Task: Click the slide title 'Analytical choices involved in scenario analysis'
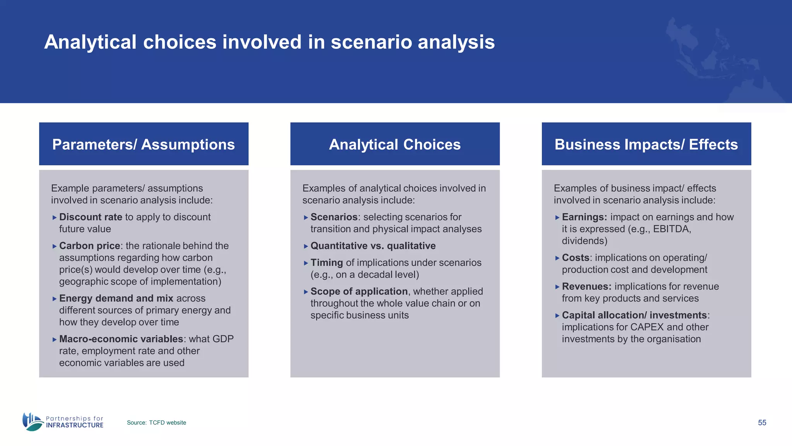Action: click(269, 42)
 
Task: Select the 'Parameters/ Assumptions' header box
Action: click(143, 144)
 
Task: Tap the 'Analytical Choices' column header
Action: click(395, 144)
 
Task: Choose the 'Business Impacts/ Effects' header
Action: click(646, 144)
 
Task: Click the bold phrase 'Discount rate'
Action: click(90, 217)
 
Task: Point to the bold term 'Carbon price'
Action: click(89, 246)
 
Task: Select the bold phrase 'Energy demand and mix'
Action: click(116, 298)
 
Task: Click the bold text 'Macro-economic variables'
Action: click(121, 339)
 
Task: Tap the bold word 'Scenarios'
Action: click(334, 217)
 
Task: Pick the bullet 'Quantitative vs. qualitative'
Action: click(373, 246)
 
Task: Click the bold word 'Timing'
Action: click(326, 262)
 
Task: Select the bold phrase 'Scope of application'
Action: click(359, 291)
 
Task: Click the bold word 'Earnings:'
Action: click(584, 217)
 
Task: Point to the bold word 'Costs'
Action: click(575, 257)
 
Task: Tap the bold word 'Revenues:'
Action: click(586, 286)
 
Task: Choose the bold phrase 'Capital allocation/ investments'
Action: click(634, 315)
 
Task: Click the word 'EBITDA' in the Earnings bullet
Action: click(671, 229)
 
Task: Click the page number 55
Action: click(762, 422)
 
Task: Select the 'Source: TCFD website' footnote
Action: click(156, 422)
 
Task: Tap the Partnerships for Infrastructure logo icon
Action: click(32, 422)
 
